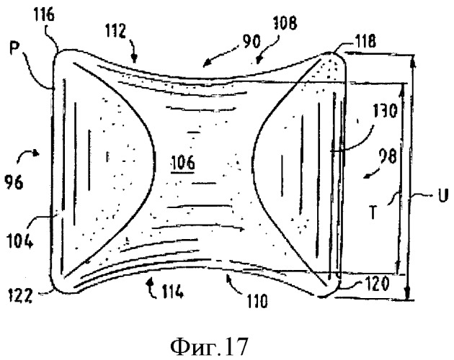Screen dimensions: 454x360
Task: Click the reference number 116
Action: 44,15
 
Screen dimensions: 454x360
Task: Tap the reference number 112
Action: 115,31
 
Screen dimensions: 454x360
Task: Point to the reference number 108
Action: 285,24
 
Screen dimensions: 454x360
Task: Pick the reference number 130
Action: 385,112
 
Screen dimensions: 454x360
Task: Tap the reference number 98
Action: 387,157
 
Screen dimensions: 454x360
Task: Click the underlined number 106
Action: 183,163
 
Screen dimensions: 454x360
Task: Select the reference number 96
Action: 14,183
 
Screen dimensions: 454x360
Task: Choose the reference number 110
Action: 257,302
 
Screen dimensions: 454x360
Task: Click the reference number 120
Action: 376,284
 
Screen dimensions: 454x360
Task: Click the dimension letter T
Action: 374,212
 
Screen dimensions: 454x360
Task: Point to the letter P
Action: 14,50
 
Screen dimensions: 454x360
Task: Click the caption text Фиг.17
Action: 209,347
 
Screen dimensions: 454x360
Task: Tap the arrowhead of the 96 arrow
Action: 36,153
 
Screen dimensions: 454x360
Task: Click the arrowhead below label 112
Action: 133,59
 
